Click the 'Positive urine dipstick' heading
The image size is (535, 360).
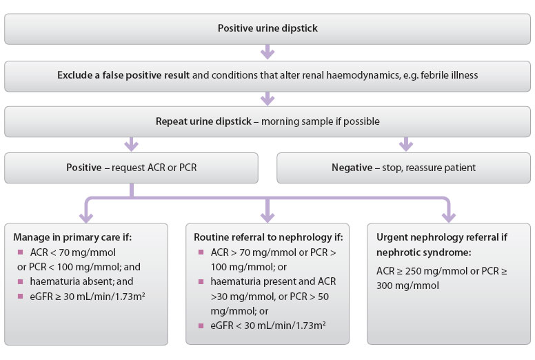267,28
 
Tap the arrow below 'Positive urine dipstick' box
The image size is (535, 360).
267,52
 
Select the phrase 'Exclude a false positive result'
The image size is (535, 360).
123,75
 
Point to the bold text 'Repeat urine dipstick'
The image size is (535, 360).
203,121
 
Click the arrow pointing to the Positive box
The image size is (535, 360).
132,144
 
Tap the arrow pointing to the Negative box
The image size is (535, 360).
406,144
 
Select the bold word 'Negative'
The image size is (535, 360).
352,168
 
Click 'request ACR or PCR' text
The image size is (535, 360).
154,168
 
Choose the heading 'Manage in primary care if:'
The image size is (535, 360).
72,237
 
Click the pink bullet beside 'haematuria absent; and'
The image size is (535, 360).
21,281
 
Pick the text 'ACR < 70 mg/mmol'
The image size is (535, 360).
73,252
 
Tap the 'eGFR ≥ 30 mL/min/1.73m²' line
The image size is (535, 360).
88,296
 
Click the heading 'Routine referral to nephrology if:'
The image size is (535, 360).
268,237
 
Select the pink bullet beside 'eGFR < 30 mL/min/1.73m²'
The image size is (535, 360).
201,326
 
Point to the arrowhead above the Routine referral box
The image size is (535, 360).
267,217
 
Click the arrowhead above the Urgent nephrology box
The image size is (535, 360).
449,217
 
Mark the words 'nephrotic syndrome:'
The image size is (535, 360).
424,252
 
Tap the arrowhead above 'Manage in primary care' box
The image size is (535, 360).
86,217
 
